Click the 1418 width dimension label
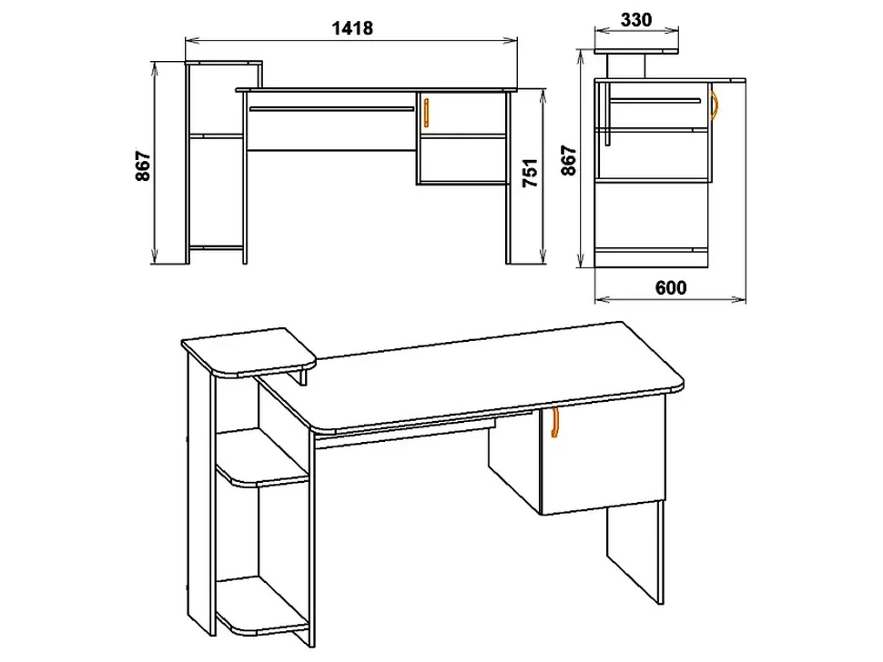tap(352, 28)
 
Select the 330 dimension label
tap(636, 20)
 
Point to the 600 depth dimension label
tap(671, 287)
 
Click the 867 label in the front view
tap(143, 165)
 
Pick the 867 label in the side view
tap(569, 160)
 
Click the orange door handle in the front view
tap(426, 112)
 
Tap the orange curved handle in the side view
tap(715, 105)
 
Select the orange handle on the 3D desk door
tap(554, 422)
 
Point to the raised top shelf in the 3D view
tap(249, 352)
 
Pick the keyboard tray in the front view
tap(331, 108)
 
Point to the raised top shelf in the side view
tap(636, 51)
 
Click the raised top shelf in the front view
tap(224, 64)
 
